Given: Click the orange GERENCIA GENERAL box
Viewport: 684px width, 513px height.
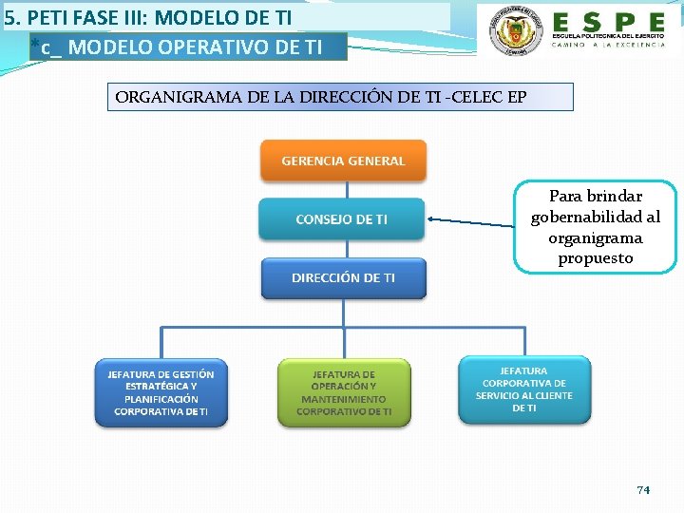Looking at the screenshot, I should coord(343,161).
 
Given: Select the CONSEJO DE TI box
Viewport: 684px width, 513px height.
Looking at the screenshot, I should coord(342,219).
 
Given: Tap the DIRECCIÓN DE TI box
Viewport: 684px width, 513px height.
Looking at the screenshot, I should coord(343,278).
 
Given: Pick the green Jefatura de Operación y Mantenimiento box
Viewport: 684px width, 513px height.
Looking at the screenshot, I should coord(343,392).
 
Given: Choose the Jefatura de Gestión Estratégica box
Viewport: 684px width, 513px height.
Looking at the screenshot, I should coord(161,392).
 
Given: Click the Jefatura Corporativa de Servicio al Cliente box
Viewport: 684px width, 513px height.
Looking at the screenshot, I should coord(524,389).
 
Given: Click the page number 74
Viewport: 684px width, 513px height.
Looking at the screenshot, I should coord(643,489).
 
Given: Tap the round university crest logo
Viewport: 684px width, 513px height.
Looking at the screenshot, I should coord(514,32).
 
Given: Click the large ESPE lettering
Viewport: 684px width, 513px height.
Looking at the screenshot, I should coord(609,21).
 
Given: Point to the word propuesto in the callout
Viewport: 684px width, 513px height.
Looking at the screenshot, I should coord(596,258).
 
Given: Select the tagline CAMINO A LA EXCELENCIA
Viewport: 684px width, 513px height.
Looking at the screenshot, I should coord(609,46).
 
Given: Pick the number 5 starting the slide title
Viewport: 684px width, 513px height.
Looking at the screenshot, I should coord(9,17).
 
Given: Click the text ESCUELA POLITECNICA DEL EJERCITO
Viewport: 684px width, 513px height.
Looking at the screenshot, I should coord(609,36).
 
